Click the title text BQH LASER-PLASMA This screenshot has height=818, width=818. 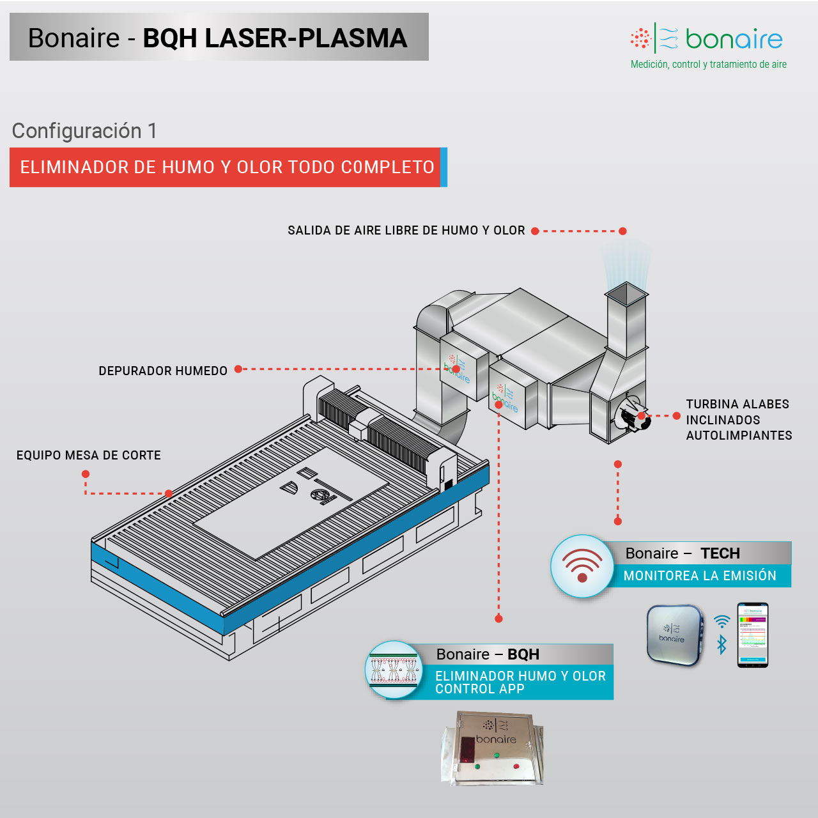tap(275, 38)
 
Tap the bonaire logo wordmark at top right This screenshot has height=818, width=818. tap(734, 40)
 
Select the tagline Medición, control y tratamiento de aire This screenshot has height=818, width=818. tap(708, 65)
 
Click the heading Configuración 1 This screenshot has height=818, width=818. tap(84, 131)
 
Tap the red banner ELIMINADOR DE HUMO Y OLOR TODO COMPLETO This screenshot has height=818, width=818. tap(227, 167)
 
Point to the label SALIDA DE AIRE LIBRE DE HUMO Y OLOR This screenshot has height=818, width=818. tap(406, 231)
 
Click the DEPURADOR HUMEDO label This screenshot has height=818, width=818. tap(163, 371)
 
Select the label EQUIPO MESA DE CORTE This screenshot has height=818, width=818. tap(89, 456)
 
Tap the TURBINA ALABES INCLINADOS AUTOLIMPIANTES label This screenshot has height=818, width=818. tap(739, 420)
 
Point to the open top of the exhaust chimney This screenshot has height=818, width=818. tap(626, 293)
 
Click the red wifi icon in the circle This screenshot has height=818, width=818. tap(582, 566)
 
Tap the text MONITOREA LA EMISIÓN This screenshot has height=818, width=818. tap(700, 576)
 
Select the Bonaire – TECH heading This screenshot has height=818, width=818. tap(683, 553)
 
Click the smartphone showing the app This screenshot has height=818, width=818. tap(753, 635)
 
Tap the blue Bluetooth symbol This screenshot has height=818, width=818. tap(722, 644)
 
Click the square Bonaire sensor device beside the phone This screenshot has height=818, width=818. tap(674, 635)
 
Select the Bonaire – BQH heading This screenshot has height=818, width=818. tap(488, 654)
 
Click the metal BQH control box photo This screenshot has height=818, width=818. tap(492, 748)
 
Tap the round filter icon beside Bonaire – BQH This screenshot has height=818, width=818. tap(394, 670)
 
